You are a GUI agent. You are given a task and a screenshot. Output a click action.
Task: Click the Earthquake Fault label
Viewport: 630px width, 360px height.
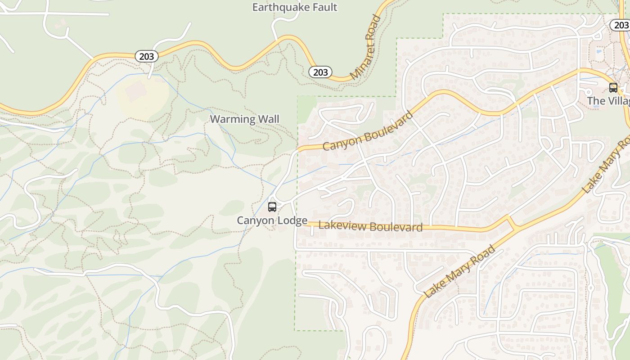[294, 7]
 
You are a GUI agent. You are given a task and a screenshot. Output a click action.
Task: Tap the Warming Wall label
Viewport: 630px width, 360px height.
[244, 119]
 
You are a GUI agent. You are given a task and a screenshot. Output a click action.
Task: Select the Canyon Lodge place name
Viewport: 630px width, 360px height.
[272, 220]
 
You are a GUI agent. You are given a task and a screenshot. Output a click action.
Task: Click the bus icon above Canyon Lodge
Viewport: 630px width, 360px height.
[272, 207]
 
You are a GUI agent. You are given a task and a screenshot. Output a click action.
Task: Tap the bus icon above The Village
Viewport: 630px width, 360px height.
[613, 87]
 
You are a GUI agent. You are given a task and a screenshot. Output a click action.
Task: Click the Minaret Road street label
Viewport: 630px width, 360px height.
[365, 48]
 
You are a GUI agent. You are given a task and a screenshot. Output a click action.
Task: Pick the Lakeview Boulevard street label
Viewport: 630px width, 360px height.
[370, 226]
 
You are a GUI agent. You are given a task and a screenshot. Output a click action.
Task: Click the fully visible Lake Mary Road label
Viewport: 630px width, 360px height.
[459, 271]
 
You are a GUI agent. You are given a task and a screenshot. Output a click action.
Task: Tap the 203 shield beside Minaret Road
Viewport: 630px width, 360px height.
[320, 72]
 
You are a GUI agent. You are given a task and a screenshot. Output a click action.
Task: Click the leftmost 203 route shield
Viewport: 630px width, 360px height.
[146, 56]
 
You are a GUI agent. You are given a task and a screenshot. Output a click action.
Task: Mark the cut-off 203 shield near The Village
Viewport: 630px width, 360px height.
[621, 25]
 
